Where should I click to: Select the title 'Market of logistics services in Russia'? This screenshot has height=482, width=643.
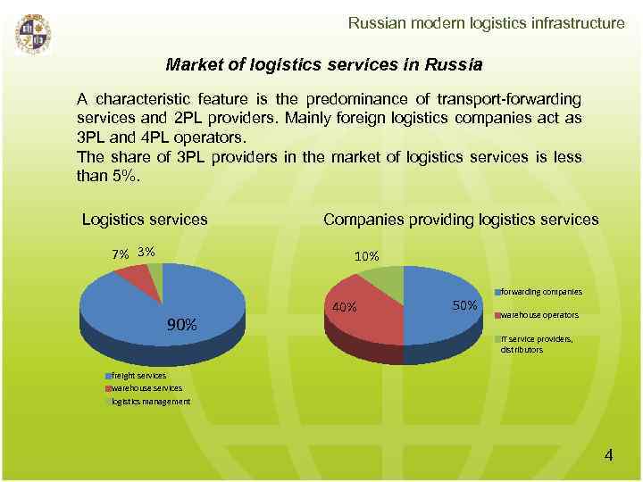(324, 65)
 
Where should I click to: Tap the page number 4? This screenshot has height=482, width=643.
(608, 455)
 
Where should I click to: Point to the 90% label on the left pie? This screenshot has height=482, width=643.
(183, 324)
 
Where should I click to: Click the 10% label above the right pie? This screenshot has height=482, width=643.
(367, 257)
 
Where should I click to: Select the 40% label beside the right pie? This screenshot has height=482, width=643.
(344, 308)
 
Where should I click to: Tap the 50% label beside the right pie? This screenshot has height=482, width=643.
(465, 305)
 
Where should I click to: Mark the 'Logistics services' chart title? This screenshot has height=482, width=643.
(145, 220)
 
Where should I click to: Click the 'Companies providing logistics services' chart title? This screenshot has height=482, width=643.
(461, 220)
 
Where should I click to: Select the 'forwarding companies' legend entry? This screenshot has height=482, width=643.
(540, 292)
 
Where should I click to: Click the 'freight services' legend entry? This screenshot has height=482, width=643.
(138, 377)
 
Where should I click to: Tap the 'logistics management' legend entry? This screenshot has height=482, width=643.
(150, 402)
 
